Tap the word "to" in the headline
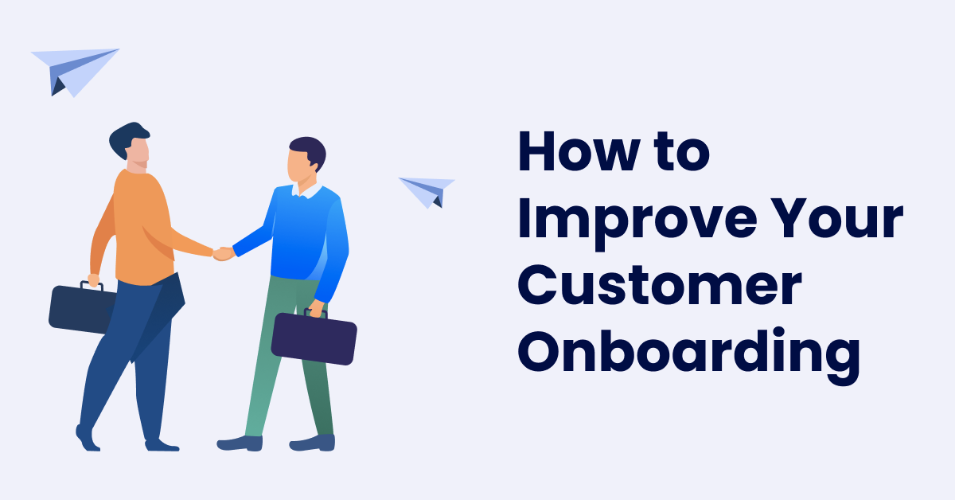tap(682, 151)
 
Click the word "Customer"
tap(660, 284)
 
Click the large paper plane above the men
tap(75, 72)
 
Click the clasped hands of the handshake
tap(224, 253)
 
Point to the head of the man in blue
tap(306, 160)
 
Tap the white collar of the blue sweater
tap(307, 191)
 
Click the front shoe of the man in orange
tap(162, 445)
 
